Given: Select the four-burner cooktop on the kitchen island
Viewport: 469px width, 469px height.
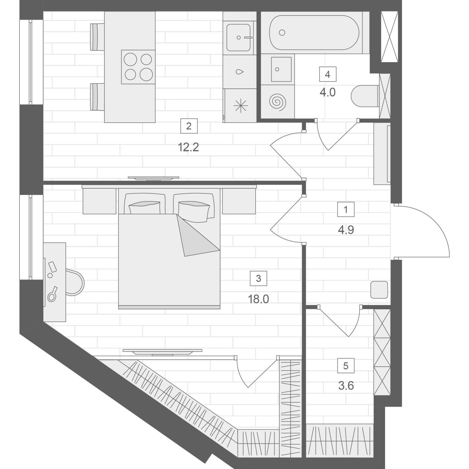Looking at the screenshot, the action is click(138, 67).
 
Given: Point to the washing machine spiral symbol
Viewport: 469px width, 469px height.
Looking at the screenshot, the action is click(278, 101).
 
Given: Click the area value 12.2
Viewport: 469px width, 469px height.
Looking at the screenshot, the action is click(188, 147).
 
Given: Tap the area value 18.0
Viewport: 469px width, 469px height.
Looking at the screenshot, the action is click(258, 299).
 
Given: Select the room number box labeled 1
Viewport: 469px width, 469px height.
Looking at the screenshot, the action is click(346, 210).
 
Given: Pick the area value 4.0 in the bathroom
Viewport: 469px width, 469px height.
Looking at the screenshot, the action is click(328, 92).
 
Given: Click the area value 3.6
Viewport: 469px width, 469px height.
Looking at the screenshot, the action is click(346, 386).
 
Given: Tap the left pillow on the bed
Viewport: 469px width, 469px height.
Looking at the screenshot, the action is click(145, 208).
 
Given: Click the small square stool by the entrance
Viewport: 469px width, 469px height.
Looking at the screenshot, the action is click(379, 290).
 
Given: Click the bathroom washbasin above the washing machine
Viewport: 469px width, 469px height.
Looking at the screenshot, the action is click(281, 69).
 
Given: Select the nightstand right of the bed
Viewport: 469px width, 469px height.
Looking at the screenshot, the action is click(239, 201).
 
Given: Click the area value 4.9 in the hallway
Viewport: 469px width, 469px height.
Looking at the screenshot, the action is click(346, 230).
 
